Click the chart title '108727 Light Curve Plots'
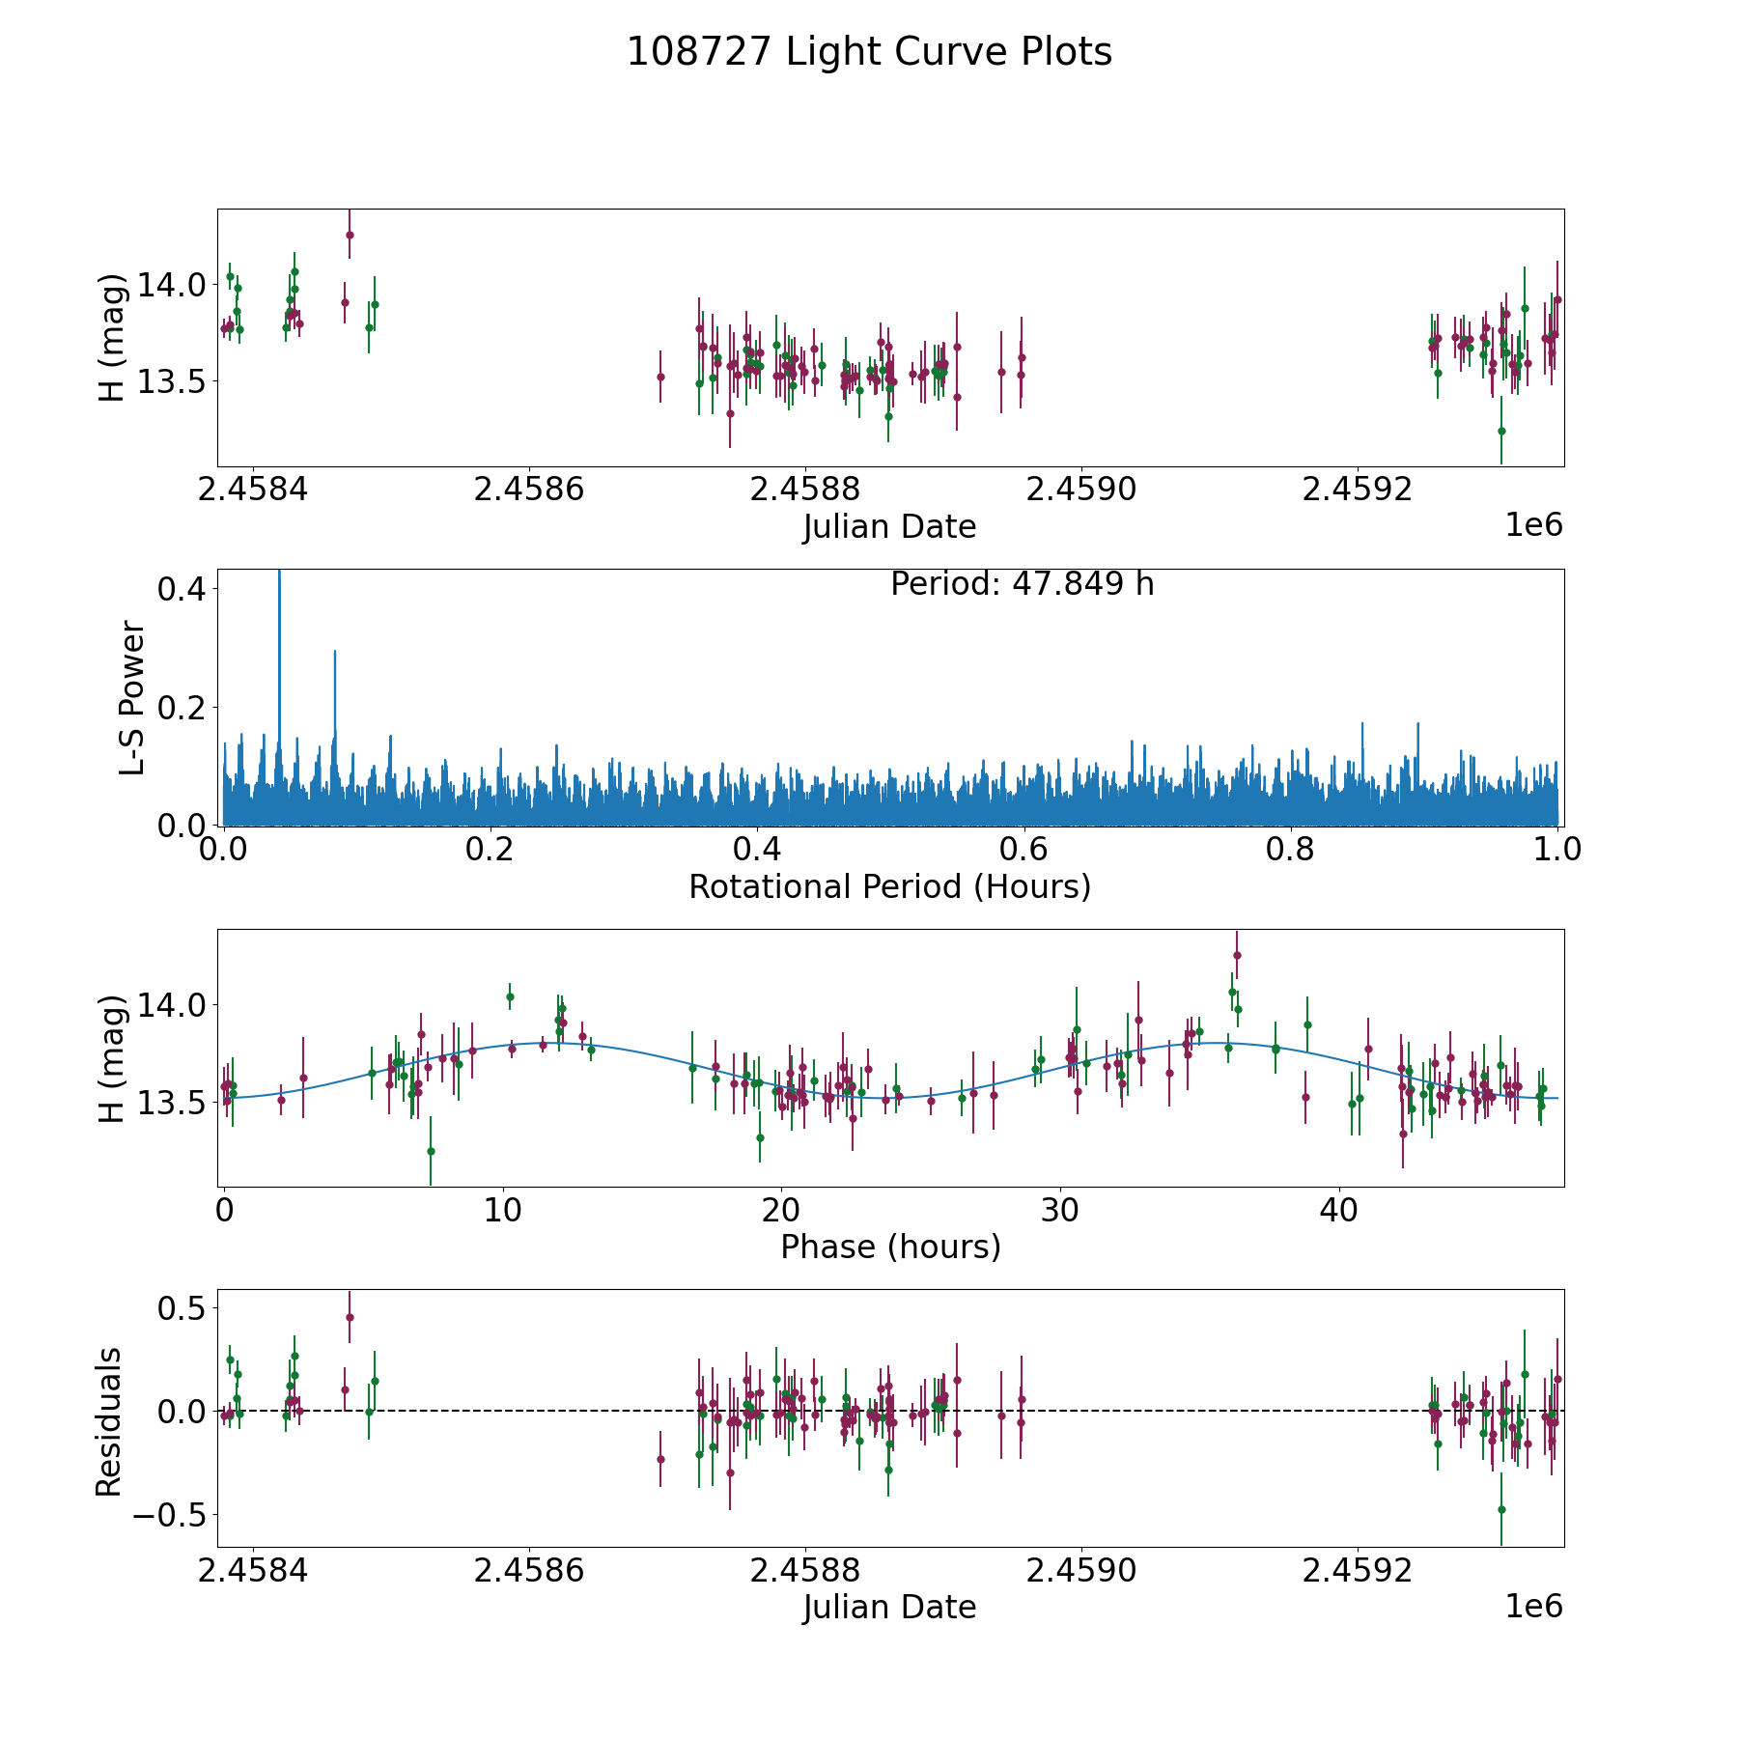tap(869, 52)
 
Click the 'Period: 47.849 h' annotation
tap(1022, 584)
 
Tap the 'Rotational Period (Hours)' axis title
tap(889, 886)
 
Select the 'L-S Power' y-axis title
tap(133, 698)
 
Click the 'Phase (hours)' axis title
tap(890, 1247)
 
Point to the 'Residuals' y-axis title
tap(109, 1421)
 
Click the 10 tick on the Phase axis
tap(503, 1210)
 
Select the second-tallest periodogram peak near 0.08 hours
tap(335, 653)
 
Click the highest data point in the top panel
tap(350, 235)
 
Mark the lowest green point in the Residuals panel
tap(1501, 1509)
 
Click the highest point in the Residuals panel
tap(350, 1317)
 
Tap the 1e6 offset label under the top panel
tap(1533, 525)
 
